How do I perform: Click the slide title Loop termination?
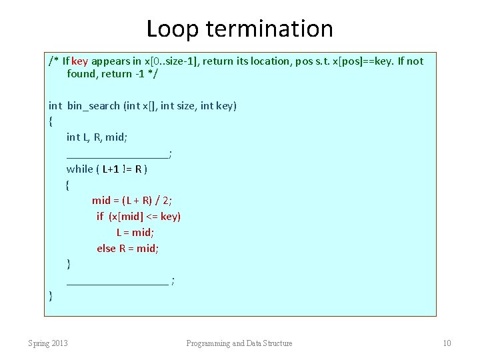point(239,29)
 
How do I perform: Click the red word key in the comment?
point(80,61)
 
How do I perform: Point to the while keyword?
point(80,169)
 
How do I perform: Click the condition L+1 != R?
point(121,169)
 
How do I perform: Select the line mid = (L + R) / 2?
point(132,200)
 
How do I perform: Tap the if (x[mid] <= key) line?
point(139,216)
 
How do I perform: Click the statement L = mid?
point(135,232)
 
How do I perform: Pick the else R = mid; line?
point(127,248)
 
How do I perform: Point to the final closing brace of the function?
point(51,295)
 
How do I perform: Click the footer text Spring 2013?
point(48,343)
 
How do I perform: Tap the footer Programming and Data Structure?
point(239,343)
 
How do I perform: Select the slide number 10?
point(447,343)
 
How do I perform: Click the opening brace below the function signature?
point(51,121)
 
